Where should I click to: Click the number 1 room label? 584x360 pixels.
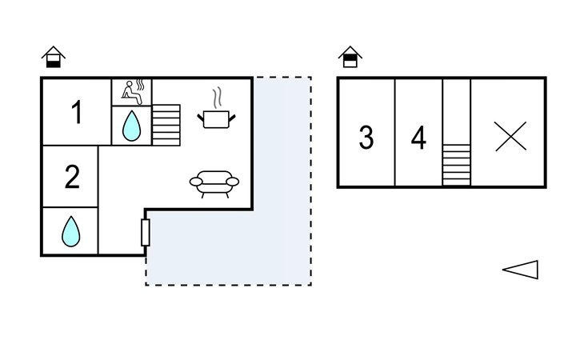(77, 112)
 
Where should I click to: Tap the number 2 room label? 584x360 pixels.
(72, 177)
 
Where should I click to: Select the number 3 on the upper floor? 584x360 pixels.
(366, 138)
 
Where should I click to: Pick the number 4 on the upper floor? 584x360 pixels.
(418, 138)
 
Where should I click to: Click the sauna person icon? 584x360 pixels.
(131, 93)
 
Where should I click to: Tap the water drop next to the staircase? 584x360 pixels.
(131, 126)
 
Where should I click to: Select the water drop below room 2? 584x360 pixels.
(70, 231)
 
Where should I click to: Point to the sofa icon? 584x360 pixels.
(214, 184)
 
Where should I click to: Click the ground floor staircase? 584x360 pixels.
(166, 125)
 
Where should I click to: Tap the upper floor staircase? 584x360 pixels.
(456, 165)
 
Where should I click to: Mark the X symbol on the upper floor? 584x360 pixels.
(510, 136)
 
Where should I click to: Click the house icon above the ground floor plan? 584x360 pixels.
(54, 57)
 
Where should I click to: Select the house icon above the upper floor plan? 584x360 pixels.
(350, 57)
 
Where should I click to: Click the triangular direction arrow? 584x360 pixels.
(520, 270)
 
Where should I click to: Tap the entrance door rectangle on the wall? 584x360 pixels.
(146, 233)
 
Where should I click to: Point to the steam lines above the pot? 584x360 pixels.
(217, 98)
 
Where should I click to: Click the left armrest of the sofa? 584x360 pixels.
(196, 182)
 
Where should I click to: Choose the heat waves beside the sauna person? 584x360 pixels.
(139, 86)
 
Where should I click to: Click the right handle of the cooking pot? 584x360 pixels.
(232, 118)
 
